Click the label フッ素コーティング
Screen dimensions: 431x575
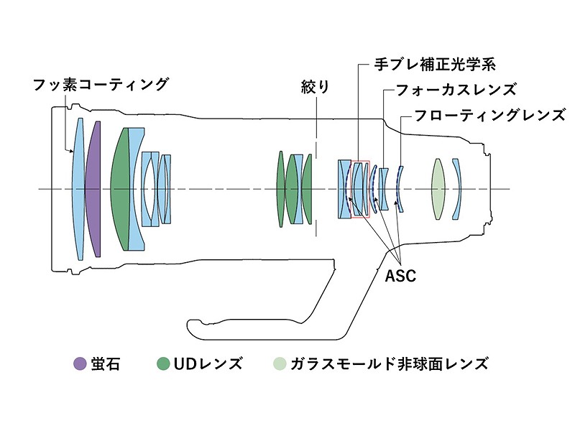(x=100, y=84)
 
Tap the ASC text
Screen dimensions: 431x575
(x=400, y=276)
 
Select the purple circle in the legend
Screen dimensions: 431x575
(x=80, y=363)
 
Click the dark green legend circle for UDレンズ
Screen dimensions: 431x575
(x=164, y=363)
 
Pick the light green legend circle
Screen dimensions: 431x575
(x=279, y=363)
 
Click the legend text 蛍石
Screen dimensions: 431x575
(x=106, y=363)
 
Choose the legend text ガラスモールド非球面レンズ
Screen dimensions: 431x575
(x=389, y=363)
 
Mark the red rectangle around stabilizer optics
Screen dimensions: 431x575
(x=359, y=188)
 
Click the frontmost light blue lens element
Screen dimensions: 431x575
(x=78, y=189)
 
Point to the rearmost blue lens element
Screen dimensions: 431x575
(x=458, y=189)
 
